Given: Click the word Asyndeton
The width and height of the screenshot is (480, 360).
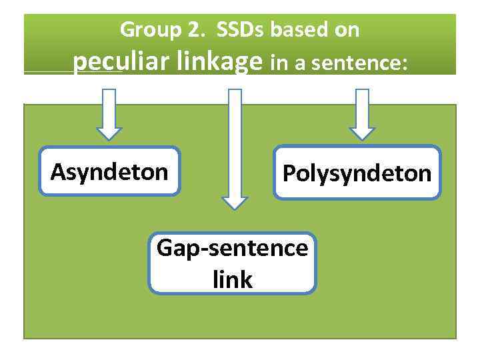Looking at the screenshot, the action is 109,172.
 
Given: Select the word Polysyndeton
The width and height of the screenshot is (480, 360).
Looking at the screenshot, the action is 357,174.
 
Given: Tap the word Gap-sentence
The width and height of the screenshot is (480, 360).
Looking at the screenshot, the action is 232,249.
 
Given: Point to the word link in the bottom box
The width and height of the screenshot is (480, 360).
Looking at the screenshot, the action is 233,280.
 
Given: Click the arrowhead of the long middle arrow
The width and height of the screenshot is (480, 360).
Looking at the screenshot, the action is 234,201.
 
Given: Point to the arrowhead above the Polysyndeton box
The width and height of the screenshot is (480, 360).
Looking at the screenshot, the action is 362,131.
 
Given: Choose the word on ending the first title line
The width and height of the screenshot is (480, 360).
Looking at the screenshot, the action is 348,30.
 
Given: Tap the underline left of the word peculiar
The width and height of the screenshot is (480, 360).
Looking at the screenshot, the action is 48,73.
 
